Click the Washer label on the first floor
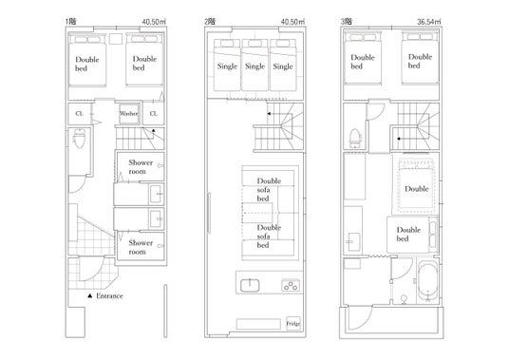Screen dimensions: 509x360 [x=128, y=114]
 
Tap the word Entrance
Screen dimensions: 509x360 [x=109, y=295]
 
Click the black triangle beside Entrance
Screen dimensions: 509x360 [x=90, y=295]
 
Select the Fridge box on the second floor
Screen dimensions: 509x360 [x=293, y=324]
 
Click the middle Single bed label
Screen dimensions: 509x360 [x=254, y=66]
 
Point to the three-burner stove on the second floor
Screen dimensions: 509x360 [x=291, y=286]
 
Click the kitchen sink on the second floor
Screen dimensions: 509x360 [x=250, y=285]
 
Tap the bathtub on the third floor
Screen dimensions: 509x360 [x=427, y=280]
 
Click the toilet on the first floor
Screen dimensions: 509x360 [x=79, y=139]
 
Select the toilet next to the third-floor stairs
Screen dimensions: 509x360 [x=355, y=137]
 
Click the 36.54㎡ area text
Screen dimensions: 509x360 [x=429, y=22]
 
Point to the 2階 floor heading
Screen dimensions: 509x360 [x=209, y=22]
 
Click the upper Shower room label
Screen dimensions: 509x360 [x=140, y=167]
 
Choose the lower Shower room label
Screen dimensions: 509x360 [x=140, y=247]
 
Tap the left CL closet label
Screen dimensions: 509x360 [x=79, y=114]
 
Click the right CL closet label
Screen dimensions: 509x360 [x=153, y=114]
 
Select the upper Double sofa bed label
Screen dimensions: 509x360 [x=269, y=190]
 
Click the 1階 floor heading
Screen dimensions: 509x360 [x=71, y=22]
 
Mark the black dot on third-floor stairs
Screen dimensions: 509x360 [x=399, y=139]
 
